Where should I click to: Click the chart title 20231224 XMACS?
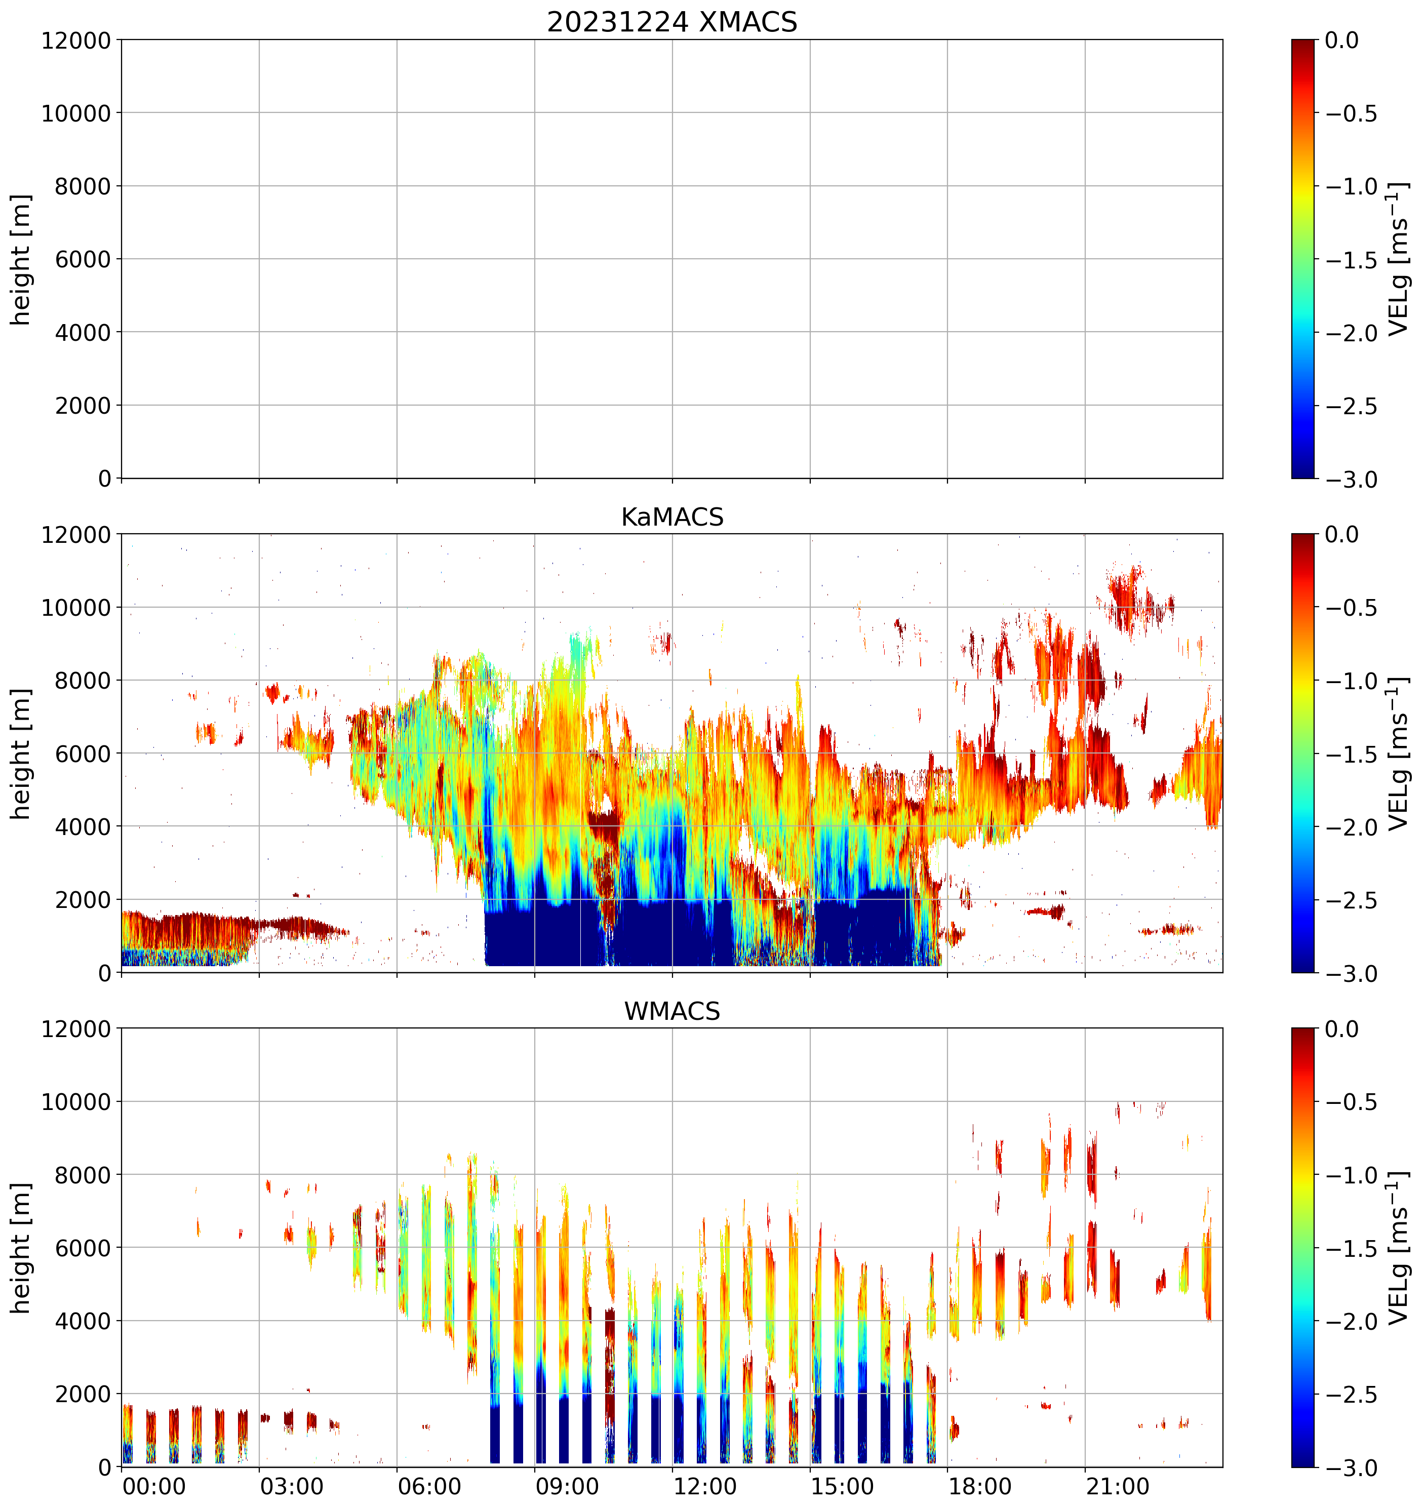[x=672, y=22]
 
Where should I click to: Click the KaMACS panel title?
[x=672, y=517]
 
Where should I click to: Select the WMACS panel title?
[x=672, y=1011]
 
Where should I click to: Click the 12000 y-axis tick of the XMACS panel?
[x=76, y=40]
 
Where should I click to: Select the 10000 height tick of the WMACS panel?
[x=76, y=1101]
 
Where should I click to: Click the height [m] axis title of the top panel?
[x=21, y=260]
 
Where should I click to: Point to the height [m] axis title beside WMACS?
[x=21, y=1248]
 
